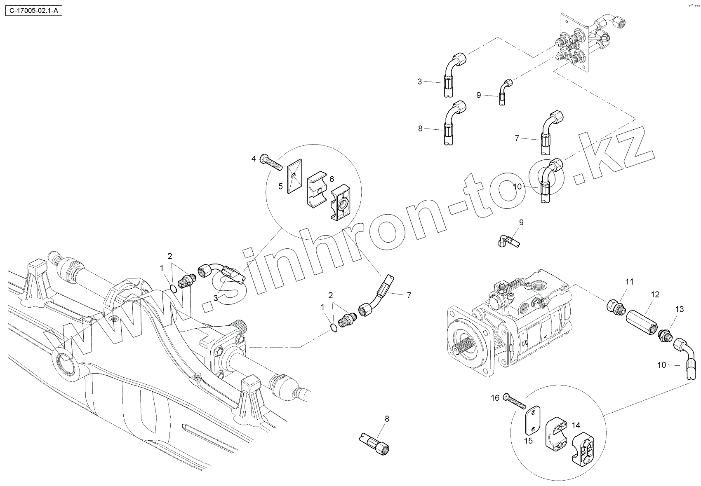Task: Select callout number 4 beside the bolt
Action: pyautogui.click(x=254, y=159)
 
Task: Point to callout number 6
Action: pyautogui.click(x=332, y=179)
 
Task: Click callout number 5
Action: pyautogui.click(x=280, y=186)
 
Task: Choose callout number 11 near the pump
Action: pyautogui.click(x=629, y=282)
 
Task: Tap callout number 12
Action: pyautogui.click(x=655, y=294)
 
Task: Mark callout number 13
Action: pyautogui.click(x=679, y=309)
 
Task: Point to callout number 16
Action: pyautogui.click(x=495, y=398)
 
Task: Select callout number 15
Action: pyautogui.click(x=528, y=441)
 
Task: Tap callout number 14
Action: pyautogui.click(x=576, y=425)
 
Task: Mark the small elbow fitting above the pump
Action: pyautogui.click(x=508, y=241)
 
